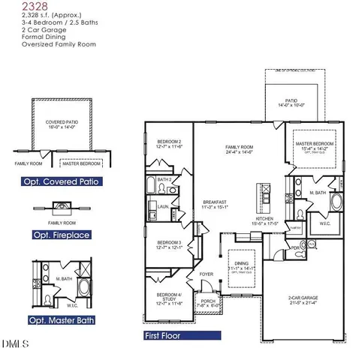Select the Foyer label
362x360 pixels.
(x=207, y=274)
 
